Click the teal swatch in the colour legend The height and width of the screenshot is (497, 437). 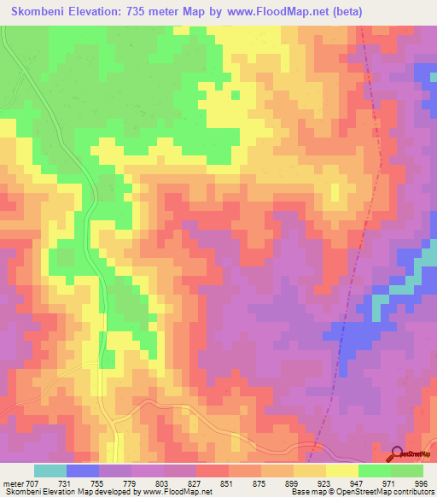(x=50, y=471)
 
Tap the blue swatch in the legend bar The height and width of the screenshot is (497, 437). (x=83, y=471)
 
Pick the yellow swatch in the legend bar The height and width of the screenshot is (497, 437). (x=342, y=471)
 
